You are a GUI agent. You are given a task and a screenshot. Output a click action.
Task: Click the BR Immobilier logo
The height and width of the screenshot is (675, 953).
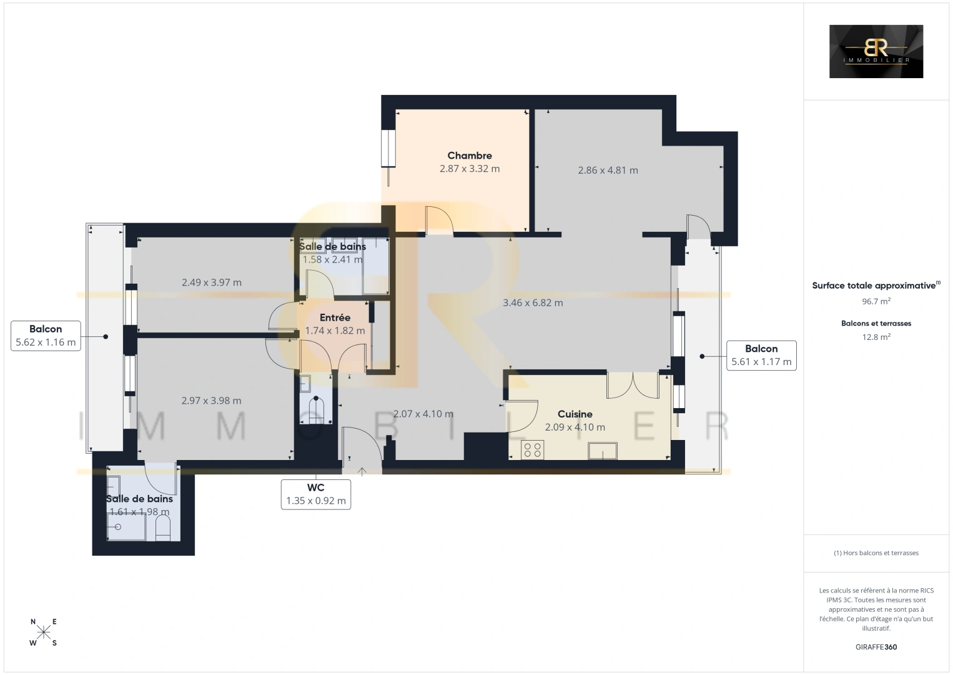coord(876,51)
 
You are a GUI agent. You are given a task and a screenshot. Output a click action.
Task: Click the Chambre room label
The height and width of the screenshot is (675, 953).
coord(470,156)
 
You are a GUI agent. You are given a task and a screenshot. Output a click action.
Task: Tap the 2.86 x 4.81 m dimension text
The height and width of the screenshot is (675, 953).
coord(608,171)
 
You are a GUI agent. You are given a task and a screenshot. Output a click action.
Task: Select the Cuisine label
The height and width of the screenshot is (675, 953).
coord(575,414)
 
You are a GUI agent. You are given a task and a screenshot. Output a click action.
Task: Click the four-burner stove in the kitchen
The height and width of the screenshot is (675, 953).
coord(532,450)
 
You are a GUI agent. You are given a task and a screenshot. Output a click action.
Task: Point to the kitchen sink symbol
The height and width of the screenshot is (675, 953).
coord(603,451)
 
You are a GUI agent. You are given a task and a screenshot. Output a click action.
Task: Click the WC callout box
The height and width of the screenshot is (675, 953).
coord(315,494)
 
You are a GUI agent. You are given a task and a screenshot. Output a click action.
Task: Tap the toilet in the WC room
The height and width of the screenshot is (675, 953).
coord(315,409)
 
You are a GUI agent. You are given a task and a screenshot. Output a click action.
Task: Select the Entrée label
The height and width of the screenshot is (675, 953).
coord(335,317)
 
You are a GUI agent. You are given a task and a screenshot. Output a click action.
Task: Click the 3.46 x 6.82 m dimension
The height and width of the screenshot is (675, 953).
coord(533,302)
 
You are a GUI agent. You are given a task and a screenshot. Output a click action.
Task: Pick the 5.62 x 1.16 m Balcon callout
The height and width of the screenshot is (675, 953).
coord(46,336)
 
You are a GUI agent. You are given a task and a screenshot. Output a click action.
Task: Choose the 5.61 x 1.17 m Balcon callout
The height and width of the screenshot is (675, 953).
coord(761,356)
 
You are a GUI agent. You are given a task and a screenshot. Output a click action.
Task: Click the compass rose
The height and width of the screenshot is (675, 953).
coord(43,632)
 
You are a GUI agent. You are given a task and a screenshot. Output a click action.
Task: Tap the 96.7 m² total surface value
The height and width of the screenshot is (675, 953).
coord(876,301)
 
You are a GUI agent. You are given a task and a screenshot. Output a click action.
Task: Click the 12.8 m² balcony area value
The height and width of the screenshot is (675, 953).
coord(876,337)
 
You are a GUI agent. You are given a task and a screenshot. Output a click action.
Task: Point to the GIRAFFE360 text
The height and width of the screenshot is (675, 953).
coord(876,647)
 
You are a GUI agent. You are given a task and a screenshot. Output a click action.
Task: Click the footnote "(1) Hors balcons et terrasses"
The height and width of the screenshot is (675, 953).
coord(876,552)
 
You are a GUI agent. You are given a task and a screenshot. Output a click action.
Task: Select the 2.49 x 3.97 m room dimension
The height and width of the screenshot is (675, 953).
coord(212,282)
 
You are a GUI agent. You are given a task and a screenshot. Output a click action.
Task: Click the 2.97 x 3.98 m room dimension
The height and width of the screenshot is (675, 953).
coord(212,401)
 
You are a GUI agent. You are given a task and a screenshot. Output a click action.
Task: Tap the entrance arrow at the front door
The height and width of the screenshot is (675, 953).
coord(362,471)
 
